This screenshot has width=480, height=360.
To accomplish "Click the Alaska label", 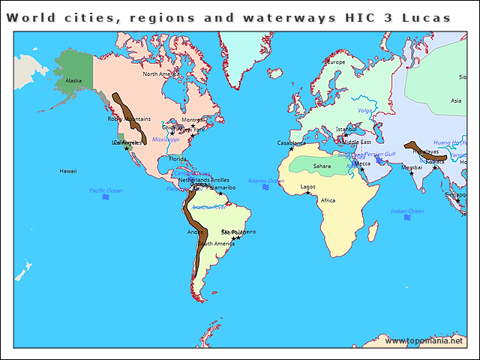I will [73, 80].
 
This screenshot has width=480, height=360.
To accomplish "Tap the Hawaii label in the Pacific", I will [68, 171].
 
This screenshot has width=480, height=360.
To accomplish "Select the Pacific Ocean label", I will [106, 190].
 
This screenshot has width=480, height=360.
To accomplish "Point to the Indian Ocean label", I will [408, 211].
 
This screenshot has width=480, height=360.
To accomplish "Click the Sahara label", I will [322, 166].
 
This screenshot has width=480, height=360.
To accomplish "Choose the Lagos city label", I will [308, 186].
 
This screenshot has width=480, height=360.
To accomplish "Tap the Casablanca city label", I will [292, 142].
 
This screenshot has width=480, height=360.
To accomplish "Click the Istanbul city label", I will [346, 130].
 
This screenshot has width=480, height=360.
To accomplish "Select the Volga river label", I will [365, 111].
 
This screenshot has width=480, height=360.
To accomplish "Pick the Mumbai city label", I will [412, 167].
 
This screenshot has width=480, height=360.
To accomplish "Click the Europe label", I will [334, 62].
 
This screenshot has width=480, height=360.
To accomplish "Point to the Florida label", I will [178, 159].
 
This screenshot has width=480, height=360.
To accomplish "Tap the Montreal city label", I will [193, 119].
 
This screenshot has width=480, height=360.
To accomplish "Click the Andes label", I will [194, 232].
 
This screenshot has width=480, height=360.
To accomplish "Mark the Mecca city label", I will [362, 163].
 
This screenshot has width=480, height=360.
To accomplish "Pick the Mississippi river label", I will [166, 139].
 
